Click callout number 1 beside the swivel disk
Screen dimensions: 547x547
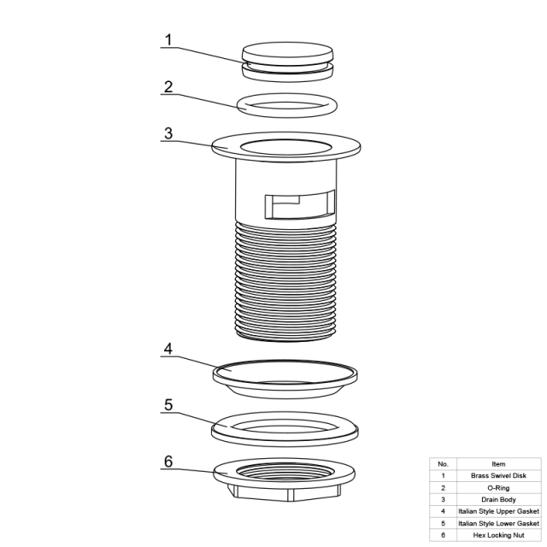click(x=168, y=40)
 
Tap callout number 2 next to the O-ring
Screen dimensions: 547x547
click(x=168, y=87)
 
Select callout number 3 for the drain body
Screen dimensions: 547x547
click(x=168, y=133)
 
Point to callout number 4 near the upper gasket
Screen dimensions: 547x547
click(x=168, y=349)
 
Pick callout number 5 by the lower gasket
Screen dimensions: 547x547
click(x=168, y=405)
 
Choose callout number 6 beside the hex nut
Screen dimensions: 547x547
click(x=168, y=462)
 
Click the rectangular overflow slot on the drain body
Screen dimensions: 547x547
click(x=300, y=205)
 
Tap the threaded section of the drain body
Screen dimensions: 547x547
click(x=286, y=282)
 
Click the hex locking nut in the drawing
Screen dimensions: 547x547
click(x=285, y=479)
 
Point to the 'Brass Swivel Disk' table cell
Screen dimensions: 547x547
click(x=498, y=475)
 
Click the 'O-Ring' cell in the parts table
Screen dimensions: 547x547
click(x=498, y=488)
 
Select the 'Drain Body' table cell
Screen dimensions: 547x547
click(x=498, y=499)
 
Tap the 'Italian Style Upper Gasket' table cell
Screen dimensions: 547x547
click(x=498, y=511)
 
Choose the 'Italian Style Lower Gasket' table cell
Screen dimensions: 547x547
click(x=498, y=523)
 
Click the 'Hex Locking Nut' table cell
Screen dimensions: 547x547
click(x=498, y=535)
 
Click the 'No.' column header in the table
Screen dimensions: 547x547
click(x=443, y=464)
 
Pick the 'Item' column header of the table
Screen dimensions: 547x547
click(x=498, y=464)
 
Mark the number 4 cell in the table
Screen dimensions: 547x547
click(x=443, y=511)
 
